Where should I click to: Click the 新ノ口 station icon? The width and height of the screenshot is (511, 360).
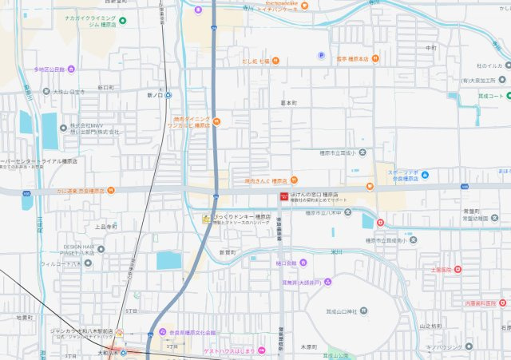167,95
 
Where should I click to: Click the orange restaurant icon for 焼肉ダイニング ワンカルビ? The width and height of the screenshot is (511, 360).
216,121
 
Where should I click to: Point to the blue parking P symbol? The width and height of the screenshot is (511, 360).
322,55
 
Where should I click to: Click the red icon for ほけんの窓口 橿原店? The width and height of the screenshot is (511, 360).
283,196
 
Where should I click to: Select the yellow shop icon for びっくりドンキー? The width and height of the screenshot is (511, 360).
207,217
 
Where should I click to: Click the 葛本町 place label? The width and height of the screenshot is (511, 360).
288,103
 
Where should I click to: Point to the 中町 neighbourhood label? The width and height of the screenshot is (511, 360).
432,48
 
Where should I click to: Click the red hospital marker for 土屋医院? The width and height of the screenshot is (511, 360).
458,270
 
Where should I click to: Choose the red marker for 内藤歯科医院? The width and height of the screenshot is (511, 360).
501,303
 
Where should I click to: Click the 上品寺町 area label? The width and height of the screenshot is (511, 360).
106,227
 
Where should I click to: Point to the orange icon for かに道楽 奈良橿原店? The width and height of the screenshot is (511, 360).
111,191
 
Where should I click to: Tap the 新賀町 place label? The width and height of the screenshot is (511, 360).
228,251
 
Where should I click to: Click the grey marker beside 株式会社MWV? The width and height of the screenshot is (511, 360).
62,126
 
